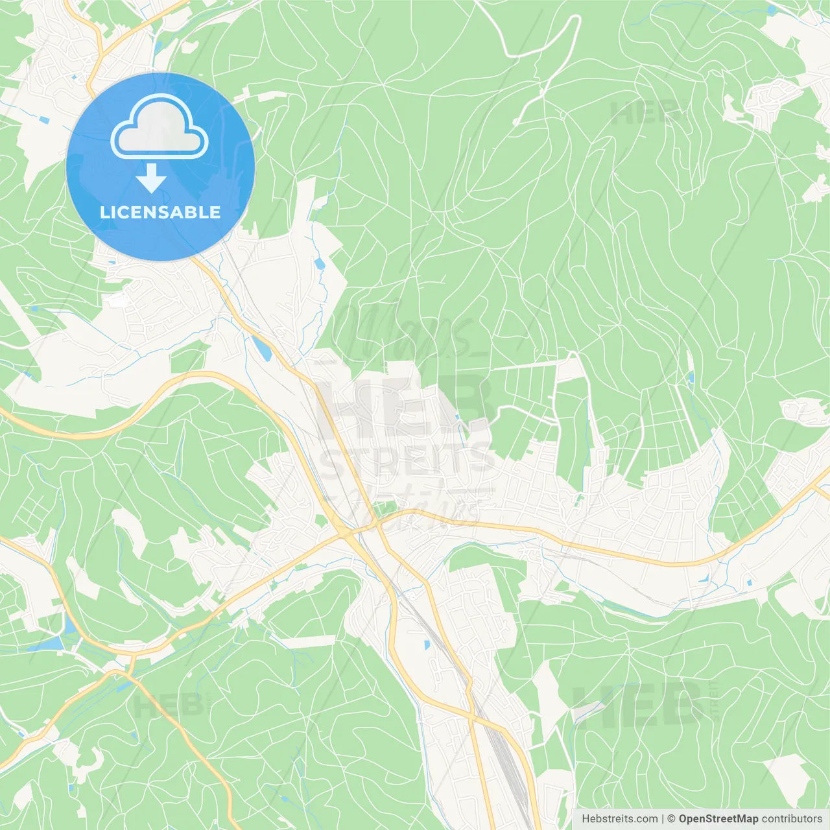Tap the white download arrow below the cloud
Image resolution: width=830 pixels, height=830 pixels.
151,178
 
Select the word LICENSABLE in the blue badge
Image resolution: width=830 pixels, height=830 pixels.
160,212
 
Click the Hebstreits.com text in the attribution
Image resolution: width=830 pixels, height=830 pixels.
619,819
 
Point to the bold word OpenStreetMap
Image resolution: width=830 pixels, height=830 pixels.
718,819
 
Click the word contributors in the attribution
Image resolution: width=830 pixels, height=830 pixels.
792,819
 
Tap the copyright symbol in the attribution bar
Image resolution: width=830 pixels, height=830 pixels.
672,819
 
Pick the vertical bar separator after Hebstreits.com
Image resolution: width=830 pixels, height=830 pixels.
663,819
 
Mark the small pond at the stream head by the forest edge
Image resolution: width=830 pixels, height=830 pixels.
319,263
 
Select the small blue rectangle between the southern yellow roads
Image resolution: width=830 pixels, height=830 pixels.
427,645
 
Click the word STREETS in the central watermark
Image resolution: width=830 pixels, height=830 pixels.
407,462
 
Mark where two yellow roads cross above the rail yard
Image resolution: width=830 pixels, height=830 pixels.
473,717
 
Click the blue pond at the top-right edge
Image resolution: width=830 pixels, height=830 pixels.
771,10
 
